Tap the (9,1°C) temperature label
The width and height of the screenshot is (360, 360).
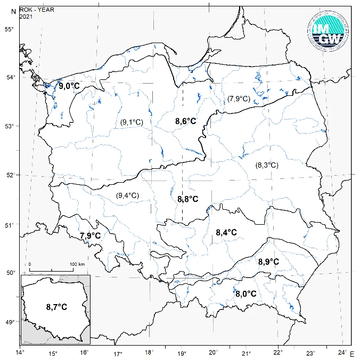coord(132,122)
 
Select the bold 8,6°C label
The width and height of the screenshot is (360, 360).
coord(186,121)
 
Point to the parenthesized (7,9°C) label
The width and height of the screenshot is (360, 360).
coord(239,99)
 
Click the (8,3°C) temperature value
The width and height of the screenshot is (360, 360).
coord(266,165)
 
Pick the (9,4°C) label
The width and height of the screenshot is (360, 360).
coord(127,195)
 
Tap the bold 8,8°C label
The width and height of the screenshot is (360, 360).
coord(187,199)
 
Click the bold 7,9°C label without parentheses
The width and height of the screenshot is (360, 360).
coord(90,235)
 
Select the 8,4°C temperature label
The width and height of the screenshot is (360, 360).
coord(226,232)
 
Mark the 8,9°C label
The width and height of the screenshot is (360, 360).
coord(269,261)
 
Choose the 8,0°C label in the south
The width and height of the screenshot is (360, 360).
coord(246,293)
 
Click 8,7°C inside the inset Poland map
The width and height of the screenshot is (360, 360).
coord(56,307)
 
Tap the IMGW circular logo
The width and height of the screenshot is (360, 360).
coord(329,31)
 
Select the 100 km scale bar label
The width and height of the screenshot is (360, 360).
coord(77,264)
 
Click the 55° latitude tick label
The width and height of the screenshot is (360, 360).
coord(9,29)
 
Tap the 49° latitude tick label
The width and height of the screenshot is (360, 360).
coord(9,322)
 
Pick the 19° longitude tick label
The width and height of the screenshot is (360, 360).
coord(181,353)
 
